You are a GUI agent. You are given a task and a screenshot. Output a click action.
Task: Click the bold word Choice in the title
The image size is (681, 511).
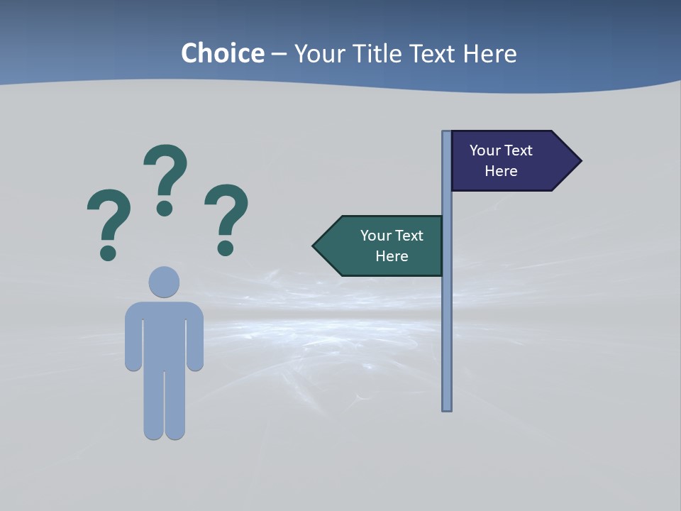pos(222,53)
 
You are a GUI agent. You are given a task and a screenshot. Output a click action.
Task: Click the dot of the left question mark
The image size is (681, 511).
pos(108,253)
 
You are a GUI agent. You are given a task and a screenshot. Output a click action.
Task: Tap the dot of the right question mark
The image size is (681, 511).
pos(226,248)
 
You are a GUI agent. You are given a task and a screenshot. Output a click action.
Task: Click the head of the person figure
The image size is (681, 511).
pos(164,282)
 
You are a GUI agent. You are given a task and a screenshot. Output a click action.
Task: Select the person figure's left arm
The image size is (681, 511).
pos(133,337)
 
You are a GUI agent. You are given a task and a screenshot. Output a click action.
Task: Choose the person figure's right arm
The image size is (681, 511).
pos(195,337)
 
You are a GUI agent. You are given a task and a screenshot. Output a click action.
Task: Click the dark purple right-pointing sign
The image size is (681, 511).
pos(507,161)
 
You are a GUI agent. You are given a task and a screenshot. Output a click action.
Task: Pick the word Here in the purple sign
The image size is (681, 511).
pos(501,171)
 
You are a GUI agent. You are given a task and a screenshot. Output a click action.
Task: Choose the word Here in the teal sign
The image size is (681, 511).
pos(392,256)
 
